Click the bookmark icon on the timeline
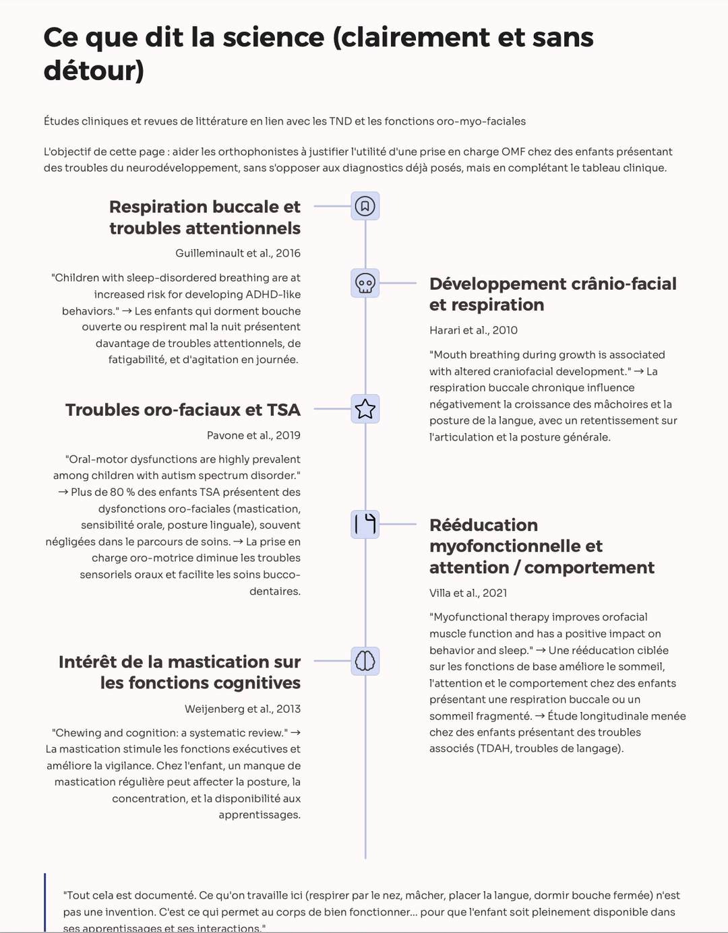pyautogui.click(x=365, y=205)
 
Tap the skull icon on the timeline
pyautogui.click(x=365, y=283)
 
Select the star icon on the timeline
pyautogui.click(x=365, y=409)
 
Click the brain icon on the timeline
pyautogui.click(x=365, y=661)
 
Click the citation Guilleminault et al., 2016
pyautogui.click(x=238, y=253)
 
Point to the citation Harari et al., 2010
pyautogui.click(x=473, y=330)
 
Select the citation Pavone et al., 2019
pyautogui.click(x=253, y=435)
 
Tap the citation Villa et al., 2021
pyautogui.click(x=468, y=593)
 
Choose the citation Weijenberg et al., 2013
pyautogui.click(x=243, y=709)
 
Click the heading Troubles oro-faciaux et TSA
pyautogui.click(x=183, y=410)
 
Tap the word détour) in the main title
pyautogui.click(x=94, y=71)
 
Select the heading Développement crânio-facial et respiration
pyautogui.click(x=553, y=294)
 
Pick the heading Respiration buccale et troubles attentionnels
pyautogui.click(x=205, y=217)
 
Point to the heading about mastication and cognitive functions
pyautogui.click(x=179, y=672)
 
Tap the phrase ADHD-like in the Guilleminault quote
pyautogui.click(x=270, y=294)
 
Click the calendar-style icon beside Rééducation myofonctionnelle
pyautogui.click(x=365, y=524)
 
